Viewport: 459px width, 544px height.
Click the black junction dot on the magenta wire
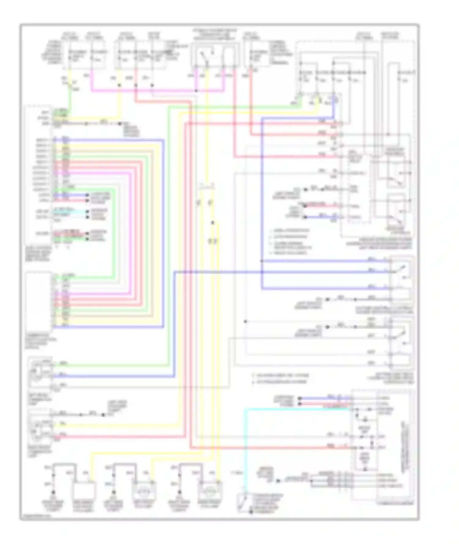pyautogui.click(x=196, y=91)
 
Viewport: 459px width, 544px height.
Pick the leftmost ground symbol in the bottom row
pyautogui.click(x=53, y=493)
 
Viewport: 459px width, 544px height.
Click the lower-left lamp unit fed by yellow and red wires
pyautogui.click(x=40, y=427)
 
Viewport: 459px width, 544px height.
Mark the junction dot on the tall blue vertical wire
pyautogui.click(x=262, y=261)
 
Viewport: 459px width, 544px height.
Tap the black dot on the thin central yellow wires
pyautogui.click(x=212, y=223)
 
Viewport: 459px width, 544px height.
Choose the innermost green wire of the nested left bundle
pyautogui.click(x=114, y=233)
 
